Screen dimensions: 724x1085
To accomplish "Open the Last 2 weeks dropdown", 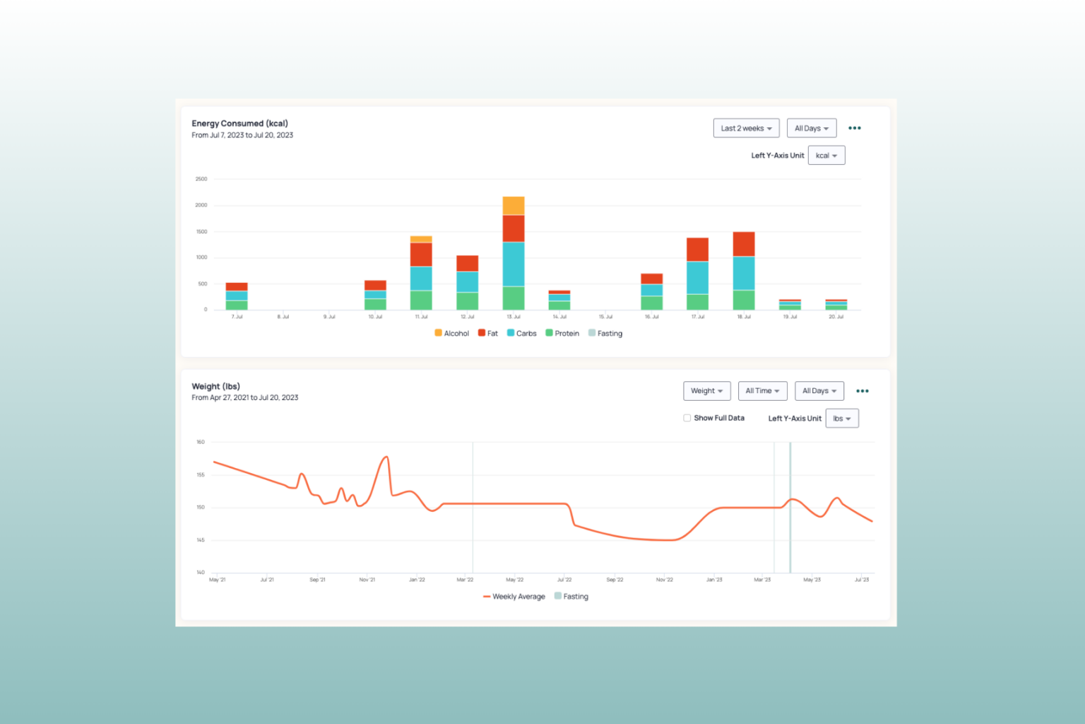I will coord(746,128).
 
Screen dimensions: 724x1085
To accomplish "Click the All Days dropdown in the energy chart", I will coord(811,128).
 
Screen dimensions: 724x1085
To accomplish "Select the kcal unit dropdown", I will coord(826,156).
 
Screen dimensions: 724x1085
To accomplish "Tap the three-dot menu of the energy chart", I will coord(854,128).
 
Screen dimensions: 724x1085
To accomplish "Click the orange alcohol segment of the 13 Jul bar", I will coord(514,206).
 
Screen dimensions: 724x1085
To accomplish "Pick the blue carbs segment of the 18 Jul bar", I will coord(744,273).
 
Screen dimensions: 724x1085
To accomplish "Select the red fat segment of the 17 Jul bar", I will coord(697,250).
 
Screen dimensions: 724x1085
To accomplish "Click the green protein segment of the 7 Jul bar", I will coord(237,305).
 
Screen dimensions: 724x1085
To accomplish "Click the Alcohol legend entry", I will coord(452,333).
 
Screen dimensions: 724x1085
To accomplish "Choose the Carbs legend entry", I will coord(522,333).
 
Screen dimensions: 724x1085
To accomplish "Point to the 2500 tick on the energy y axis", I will coord(201,179).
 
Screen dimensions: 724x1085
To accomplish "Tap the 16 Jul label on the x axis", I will coord(651,317).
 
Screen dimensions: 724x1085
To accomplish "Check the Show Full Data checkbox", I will coord(687,418).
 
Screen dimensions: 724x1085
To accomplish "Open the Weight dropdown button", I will coord(706,391).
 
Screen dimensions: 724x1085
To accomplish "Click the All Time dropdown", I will coord(762,391).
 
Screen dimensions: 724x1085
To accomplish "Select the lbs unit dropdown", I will coord(841,419).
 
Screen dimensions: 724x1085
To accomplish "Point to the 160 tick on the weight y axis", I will coord(201,442).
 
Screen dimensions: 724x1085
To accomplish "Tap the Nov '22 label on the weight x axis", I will coord(664,580).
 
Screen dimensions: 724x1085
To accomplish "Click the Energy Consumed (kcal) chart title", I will coord(239,123).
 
